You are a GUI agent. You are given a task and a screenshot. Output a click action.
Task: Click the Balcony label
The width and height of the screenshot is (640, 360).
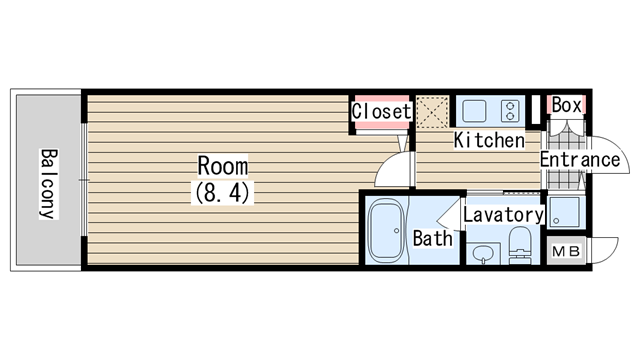click(49, 184)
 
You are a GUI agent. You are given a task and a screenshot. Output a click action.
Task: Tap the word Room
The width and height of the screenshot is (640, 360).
click(222, 166)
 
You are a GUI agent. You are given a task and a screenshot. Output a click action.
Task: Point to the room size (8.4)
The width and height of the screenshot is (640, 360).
click(222, 193)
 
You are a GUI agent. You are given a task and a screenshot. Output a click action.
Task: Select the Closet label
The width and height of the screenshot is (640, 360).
click(381, 111)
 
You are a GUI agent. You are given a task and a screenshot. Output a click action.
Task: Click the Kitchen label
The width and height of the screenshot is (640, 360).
click(489, 140)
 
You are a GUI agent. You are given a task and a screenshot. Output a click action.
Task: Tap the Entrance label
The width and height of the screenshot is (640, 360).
click(580, 159)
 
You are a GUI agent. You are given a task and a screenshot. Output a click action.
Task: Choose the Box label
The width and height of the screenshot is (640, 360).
click(566, 105)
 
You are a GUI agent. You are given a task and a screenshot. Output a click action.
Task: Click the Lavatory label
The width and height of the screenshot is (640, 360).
click(503, 215)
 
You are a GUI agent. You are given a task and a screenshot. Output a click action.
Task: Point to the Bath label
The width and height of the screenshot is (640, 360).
click(433, 238)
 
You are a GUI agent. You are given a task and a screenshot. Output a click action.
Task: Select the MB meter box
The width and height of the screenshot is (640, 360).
click(566, 251)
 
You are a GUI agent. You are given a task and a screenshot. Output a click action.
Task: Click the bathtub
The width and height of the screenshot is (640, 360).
click(386, 231)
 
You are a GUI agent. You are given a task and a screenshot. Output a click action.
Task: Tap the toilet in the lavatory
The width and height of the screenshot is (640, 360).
click(520, 246)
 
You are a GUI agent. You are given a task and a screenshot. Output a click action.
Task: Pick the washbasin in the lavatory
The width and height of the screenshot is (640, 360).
click(483, 253)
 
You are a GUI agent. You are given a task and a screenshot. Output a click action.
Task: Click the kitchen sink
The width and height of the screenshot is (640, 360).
click(474, 111)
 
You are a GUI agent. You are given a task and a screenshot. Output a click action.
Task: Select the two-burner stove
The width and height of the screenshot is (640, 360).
click(510, 111)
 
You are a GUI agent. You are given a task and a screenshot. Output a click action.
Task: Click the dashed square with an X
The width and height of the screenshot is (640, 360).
click(432, 112)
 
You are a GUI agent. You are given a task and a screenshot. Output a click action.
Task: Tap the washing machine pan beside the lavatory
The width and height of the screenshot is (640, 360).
click(566, 212)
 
